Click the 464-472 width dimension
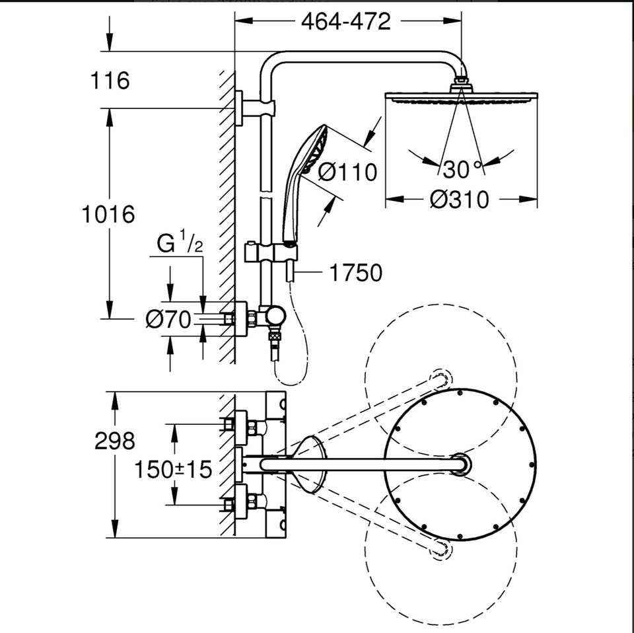coord(345,21)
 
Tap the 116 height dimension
coord(110,80)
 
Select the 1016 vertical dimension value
coord(108,214)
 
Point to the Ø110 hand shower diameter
coord(347,172)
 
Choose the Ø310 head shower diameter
coord(460,200)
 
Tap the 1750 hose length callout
coord(356,273)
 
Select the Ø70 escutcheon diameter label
coord(168,320)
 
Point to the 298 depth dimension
coord(114,441)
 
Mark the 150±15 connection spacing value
coord(172,470)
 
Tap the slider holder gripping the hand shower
coord(271,253)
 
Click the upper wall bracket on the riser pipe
coord(255,107)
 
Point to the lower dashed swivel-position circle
coord(440,625)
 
